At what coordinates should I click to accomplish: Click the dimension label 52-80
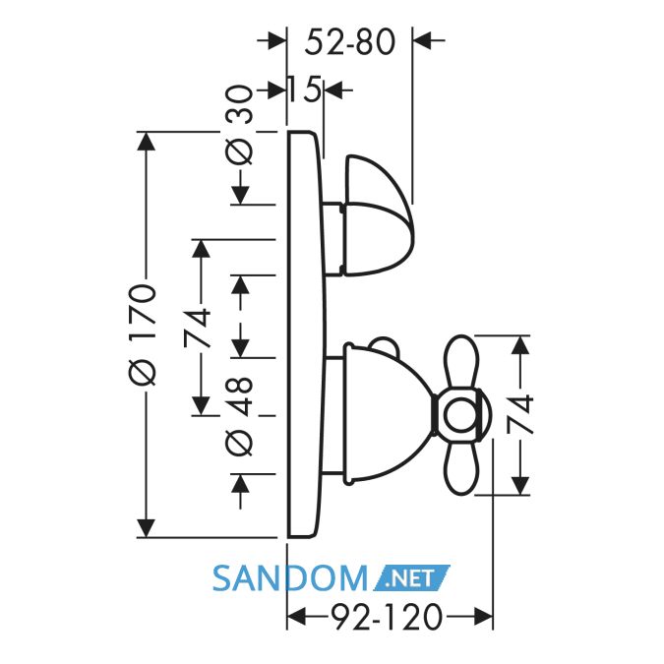pyautogui.click(x=350, y=42)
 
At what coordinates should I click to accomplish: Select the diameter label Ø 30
pyautogui.click(x=240, y=125)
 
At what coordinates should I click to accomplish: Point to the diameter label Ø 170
pyautogui.click(x=144, y=334)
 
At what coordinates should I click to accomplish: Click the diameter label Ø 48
pyautogui.click(x=240, y=416)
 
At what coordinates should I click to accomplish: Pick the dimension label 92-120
pyautogui.click(x=387, y=617)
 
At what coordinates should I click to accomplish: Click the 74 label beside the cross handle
pyautogui.click(x=520, y=414)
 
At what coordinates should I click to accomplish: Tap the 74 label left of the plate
pyautogui.click(x=198, y=328)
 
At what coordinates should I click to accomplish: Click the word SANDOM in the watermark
pyautogui.click(x=289, y=578)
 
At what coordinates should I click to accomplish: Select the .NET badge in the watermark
pyautogui.click(x=411, y=578)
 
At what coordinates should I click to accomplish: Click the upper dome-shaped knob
pyautogui.click(x=378, y=215)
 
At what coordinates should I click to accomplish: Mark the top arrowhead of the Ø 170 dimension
pyautogui.click(x=147, y=141)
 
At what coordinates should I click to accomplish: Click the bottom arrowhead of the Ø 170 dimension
pyautogui.click(x=147, y=528)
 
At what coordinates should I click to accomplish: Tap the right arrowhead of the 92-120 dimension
pyautogui.click(x=483, y=617)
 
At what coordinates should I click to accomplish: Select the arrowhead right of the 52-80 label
pyautogui.click(x=422, y=40)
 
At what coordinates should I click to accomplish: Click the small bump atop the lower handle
pyautogui.click(x=384, y=344)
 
